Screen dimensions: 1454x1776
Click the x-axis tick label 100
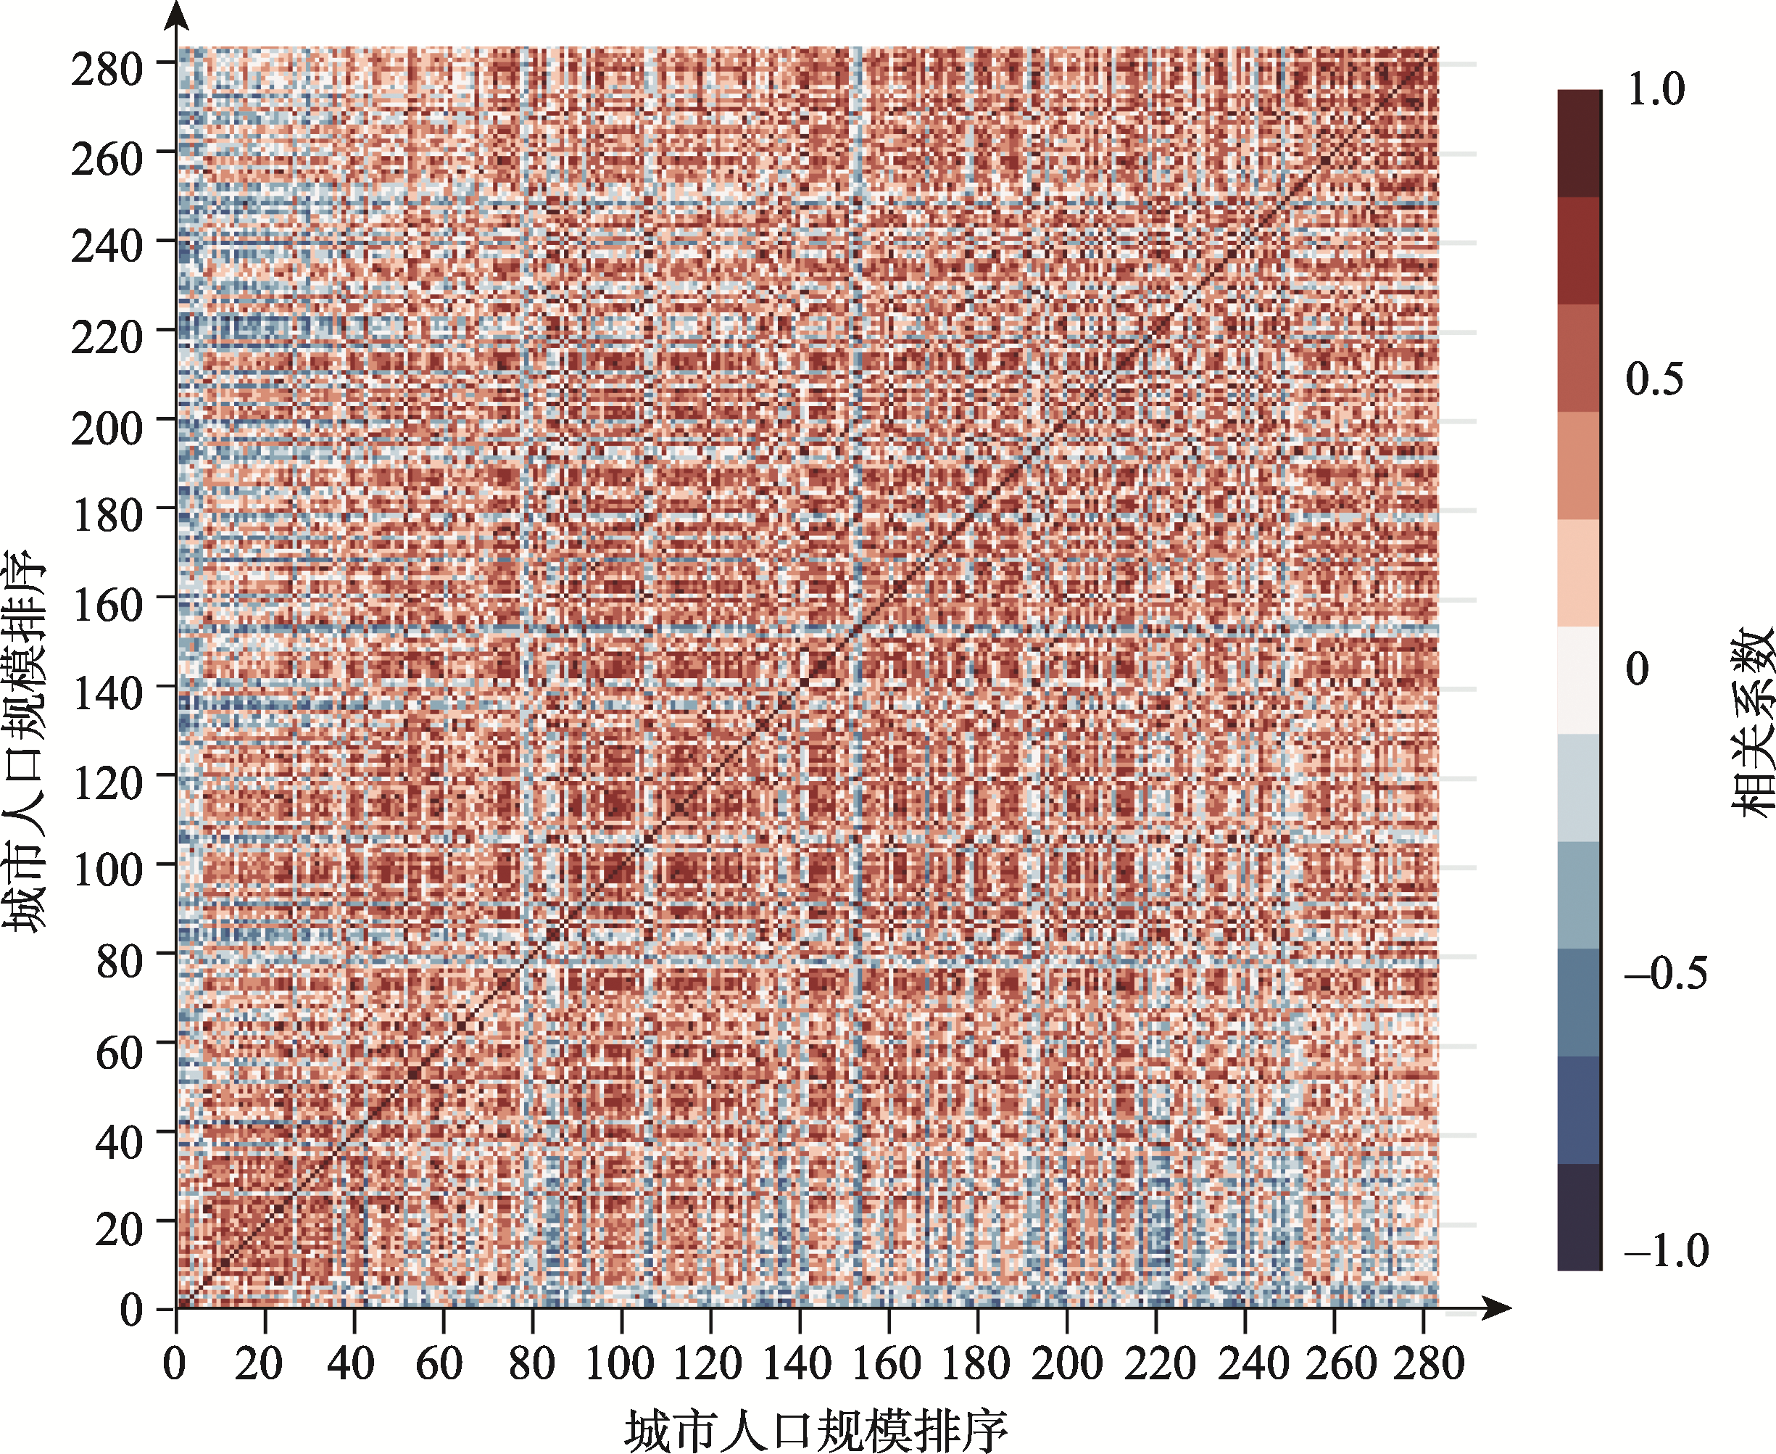[619, 1363]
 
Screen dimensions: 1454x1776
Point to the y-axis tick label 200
[107, 428]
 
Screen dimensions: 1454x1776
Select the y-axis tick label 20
[118, 1229]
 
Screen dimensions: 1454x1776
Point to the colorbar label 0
[1637, 669]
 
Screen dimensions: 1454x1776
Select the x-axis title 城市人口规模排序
[816, 1430]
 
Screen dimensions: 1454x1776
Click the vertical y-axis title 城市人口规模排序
[25, 740]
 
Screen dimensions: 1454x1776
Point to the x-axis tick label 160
[887, 1363]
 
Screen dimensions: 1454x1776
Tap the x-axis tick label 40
[351, 1363]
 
